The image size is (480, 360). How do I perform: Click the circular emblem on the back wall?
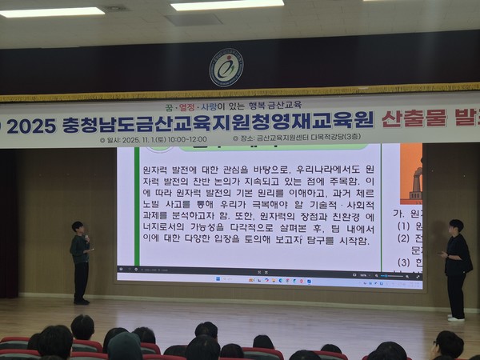coord(226,68)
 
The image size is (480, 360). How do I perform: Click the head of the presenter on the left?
coord(77,227)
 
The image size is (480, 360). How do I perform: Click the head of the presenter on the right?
coord(456,226)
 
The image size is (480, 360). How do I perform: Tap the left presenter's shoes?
coord(82,301)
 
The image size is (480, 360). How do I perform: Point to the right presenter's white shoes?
coord(455,318)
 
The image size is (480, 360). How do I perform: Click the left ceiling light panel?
coord(53,12)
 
